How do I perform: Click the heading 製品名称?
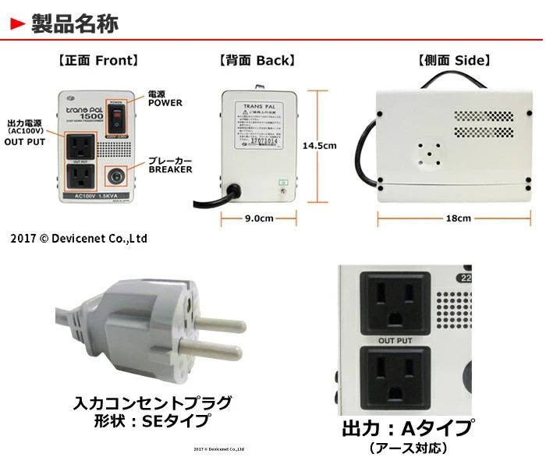pyautogui.click(x=75, y=24)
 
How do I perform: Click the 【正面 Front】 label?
pyautogui.click(x=98, y=60)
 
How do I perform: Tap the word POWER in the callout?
pyautogui.click(x=165, y=103)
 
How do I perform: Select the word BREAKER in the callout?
pyautogui.click(x=170, y=169)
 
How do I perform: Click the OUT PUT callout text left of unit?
pyautogui.click(x=26, y=142)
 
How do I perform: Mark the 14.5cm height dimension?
pyautogui.click(x=319, y=145)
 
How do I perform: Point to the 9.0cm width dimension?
pyautogui.click(x=258, y=219)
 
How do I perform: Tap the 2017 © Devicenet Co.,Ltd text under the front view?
pyautogui.click(x=79, y=238)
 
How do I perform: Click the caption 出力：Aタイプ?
pyautogui.click(x=407, y=428)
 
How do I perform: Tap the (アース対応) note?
pyautogui.click(x=407, y=448)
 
